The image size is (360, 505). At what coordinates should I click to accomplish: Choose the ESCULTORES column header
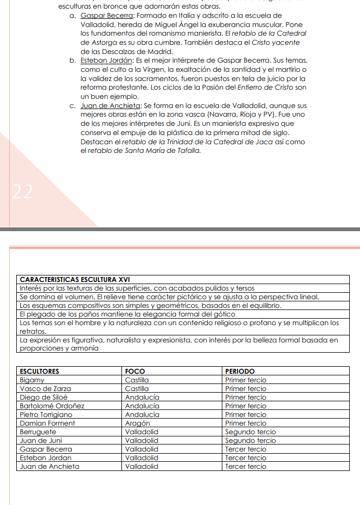pos(39,371)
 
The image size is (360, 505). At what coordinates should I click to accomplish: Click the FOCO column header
pos(134,371)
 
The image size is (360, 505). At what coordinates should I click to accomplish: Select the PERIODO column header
pos(240,371)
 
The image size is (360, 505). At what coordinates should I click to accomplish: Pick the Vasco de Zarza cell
pos(45,388)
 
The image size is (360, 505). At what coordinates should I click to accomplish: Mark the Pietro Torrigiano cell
pos(46,414)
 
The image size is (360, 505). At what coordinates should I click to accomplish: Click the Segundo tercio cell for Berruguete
pos(250,432)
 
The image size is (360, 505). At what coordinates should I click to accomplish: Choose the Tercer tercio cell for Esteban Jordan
pos(246,457)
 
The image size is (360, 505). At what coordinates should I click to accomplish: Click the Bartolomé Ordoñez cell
pos(52,406)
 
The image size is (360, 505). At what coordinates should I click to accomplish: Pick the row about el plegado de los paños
pos(127,314)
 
